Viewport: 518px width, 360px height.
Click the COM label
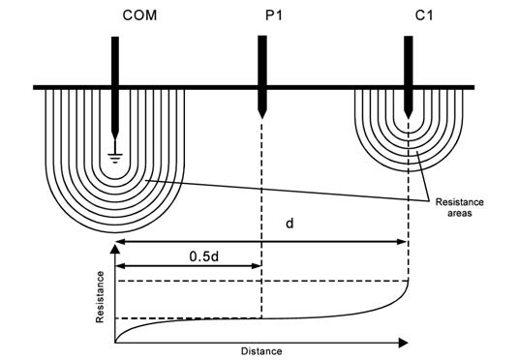[x=114, y=16]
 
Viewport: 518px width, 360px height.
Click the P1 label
[x=261, y=16]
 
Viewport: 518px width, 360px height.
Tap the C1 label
[x=408, y=16]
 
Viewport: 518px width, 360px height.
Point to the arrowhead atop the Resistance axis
[x=115, y=251]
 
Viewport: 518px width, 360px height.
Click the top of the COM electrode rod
[x=114, y=40]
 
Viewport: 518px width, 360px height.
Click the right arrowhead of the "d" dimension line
[x=404, y=240]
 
